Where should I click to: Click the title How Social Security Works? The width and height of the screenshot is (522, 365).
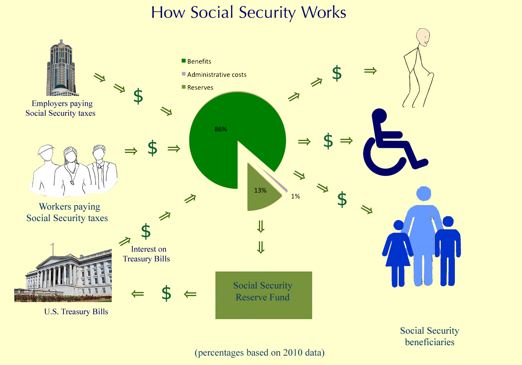(249, 13)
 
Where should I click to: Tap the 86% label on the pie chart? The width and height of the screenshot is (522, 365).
(221, 129)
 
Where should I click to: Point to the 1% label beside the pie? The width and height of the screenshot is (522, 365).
(295, 196)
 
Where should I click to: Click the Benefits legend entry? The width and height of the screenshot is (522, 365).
(197, 61)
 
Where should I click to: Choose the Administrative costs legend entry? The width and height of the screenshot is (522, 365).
(214, 74)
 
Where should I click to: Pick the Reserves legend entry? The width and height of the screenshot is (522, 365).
(197, 88)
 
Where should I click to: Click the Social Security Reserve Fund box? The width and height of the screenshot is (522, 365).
(263, 295)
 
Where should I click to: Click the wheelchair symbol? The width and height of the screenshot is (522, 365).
(395, 142)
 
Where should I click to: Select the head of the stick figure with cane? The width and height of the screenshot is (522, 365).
(423, 37)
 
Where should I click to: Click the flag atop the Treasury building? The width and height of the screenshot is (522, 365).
(52, 244)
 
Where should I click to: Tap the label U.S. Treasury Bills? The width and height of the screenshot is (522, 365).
(76, 312)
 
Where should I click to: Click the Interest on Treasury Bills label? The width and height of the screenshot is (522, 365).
(147, 254)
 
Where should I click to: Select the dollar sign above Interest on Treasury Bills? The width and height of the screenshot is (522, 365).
(146, 231)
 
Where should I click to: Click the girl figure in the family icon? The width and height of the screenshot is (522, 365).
(398, 253)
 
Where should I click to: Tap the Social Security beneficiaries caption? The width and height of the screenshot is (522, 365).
(429, 336)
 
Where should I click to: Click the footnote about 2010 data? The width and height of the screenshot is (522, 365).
(260, 353)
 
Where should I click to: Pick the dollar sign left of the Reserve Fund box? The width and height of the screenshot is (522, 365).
(166, 293)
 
